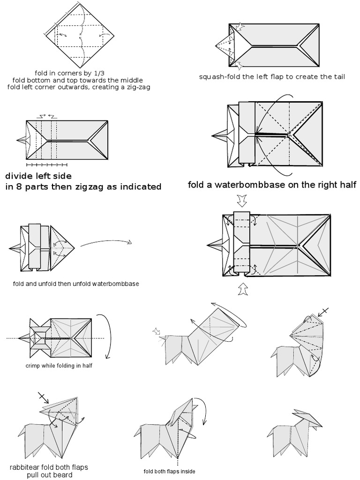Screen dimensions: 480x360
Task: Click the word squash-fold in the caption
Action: [x=217, y=77]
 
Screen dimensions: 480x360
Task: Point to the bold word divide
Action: [x=19, y=177]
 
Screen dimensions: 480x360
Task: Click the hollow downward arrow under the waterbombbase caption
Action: [x=242, y=201]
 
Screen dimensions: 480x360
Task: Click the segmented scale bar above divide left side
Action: [x=46, y=165]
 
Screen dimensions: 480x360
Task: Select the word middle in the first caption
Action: [x=132, y=80]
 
